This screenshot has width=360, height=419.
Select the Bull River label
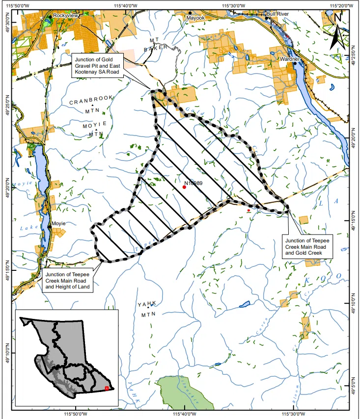point(277,15)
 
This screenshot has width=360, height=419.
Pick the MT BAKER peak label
point(156,44)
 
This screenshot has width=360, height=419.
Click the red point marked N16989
point(185,187)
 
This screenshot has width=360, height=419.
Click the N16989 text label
point(194,183)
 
